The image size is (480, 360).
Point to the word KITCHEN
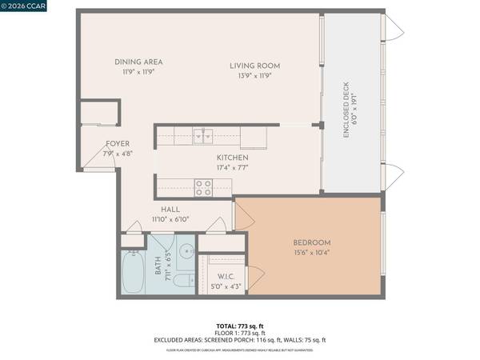(x=233, y=158)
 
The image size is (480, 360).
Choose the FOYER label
(x=118, y=144)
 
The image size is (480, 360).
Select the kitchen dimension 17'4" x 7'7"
(x=233, y=169)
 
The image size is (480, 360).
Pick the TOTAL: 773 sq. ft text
(x=240, y=326)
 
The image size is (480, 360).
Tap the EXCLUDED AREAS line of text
(x=240, y=340)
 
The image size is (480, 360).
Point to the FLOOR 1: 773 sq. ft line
(x=240, y=333)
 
